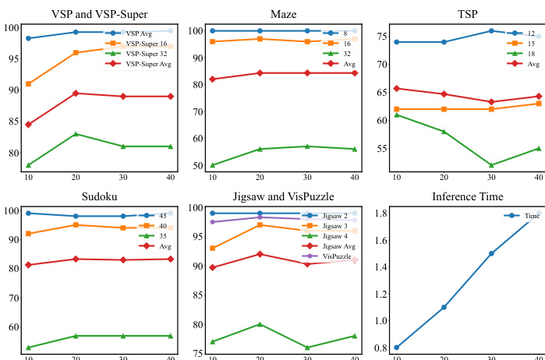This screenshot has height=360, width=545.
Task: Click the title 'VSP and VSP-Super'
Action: [99, 14]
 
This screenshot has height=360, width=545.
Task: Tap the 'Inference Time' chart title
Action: [468, 196]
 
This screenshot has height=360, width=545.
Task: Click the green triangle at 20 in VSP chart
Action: [75, 134]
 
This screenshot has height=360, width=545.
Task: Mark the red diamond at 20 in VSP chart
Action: [75, 94]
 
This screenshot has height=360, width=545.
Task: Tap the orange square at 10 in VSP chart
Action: [29, 83]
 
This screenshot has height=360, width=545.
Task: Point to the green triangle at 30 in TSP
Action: [491, 165]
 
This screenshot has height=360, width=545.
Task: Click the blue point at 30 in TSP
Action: [491, 31]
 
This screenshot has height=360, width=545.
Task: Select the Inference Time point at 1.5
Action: [491, 253]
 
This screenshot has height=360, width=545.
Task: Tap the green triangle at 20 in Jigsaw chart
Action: [260, 324]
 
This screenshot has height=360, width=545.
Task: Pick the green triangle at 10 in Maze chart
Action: [213, 165]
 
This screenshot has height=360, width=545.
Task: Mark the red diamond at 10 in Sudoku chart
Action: [29, 265]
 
